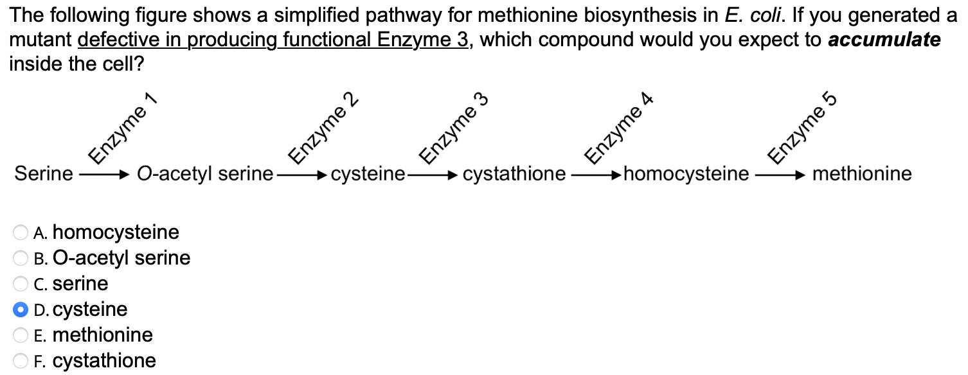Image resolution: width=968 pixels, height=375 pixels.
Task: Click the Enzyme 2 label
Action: tap(323, 128)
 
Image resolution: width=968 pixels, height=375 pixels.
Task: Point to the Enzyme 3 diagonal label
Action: tap(454, 128)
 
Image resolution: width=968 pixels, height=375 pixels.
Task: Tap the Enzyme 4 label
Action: tap(618, 128)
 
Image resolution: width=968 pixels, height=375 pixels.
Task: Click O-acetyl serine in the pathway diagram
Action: tap(205, 174)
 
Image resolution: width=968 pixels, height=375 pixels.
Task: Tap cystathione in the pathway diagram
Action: tap(514, 174)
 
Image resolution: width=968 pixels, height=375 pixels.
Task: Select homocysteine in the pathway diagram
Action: tap(686, 174)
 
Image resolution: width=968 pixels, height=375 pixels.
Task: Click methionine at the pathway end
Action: tap(861, 174)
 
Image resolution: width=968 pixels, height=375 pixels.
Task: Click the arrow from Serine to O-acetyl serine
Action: tap(103, 174)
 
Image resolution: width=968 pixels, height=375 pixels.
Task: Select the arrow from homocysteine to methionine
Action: tap(779, 174)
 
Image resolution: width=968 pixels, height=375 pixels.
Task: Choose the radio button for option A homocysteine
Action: tap(21, 232)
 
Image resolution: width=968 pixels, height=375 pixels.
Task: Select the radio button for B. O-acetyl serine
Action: tap(21, 258)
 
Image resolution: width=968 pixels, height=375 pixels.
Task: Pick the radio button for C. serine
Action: tap(21, 284)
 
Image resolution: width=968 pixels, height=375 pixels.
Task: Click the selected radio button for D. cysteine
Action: tap(21, 310)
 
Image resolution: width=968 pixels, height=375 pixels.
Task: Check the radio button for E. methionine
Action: tap(21, 335)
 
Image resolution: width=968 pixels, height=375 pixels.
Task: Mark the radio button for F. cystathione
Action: tap(21, 361)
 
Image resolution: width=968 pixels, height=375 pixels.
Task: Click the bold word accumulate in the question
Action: tap(884, 40)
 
